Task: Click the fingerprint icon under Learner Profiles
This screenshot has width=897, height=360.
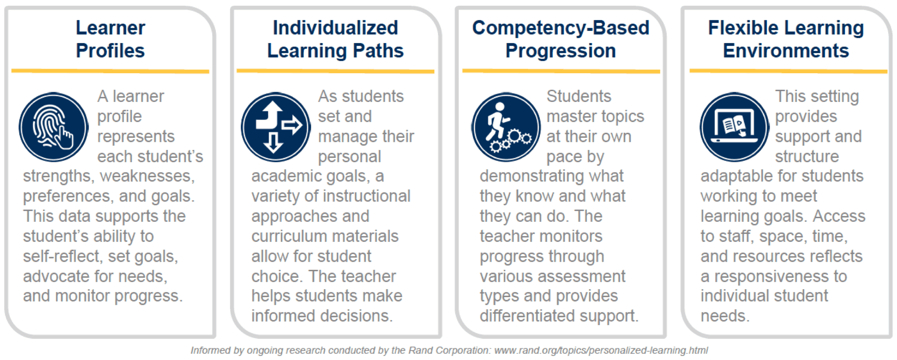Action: (x=53, y=127)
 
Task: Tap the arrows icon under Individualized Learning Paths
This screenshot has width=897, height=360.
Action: (x=276, y=127)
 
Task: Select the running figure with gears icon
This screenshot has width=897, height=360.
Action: (x=506, y=127)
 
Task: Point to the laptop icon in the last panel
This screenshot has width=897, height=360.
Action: (x=735, y=127)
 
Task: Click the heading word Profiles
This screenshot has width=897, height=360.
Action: (x=110, y=51)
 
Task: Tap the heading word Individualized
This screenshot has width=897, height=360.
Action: (x=335, y=28)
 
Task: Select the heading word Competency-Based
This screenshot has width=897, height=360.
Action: (x=561, y=28)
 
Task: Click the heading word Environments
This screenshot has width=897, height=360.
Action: (x=786, y=51)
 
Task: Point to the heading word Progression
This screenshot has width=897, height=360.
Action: (x=561, y=51)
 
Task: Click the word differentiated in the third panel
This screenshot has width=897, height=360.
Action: (x=527, y=316)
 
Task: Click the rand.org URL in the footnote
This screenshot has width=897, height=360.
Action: (x=601, y=351)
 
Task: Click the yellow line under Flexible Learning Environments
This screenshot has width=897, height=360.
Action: (x=788, y=71)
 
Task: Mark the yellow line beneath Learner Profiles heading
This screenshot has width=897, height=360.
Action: (x=110, y=71)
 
